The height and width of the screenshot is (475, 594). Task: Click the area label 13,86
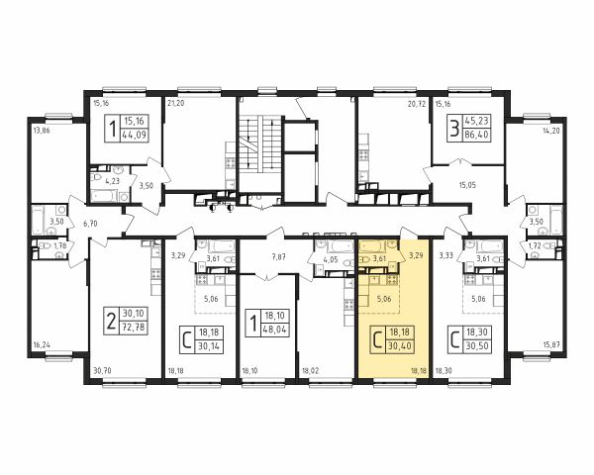42,131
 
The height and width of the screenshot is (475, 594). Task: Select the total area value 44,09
135,135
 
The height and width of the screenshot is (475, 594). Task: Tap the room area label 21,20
176,103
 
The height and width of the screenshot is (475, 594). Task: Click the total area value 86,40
477,135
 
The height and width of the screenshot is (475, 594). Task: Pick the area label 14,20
550,131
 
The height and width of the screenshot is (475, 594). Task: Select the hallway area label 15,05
467,185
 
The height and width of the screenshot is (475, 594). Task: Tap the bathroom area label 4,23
113,181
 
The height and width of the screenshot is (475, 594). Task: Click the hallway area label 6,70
90,224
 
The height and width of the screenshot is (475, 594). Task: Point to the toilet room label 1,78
59,246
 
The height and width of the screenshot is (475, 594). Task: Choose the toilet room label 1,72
535,246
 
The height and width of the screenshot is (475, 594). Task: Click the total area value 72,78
134,327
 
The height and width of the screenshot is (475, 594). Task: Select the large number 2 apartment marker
111,321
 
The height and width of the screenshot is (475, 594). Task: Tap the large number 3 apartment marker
453,128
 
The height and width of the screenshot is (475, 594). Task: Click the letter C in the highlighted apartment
377,339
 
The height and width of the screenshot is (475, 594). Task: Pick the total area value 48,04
274,330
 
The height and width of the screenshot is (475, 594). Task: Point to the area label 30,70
101,372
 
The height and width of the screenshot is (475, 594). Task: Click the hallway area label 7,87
278,257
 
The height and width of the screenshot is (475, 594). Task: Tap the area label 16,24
42,345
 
